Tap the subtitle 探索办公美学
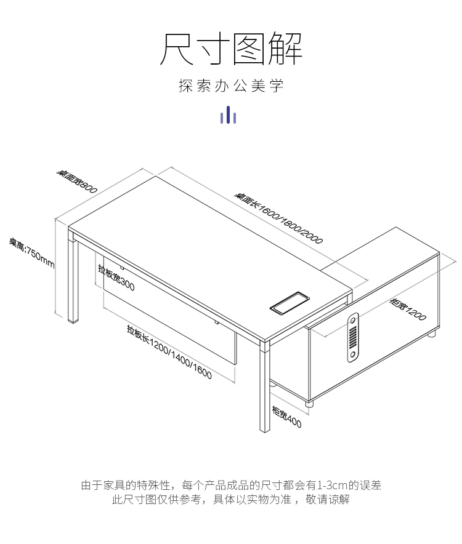pos(231,86)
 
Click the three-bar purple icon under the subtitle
pos(229,115)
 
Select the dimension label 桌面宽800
pos(77,182)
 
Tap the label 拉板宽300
pos(116,277)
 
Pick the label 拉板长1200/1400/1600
pos(169,351)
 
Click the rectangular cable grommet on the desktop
pos(290,302)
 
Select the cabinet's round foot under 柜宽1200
pos(432,334)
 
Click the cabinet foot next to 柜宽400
pos(310,406)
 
